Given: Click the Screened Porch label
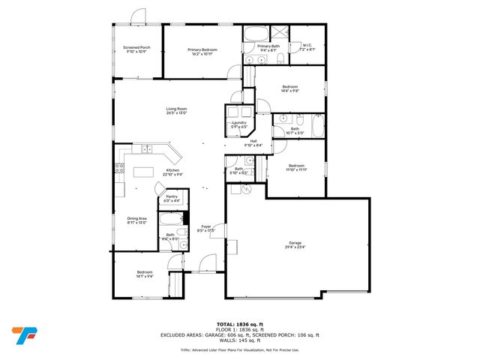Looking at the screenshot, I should [137, 48].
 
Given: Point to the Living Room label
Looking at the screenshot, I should [176, 109].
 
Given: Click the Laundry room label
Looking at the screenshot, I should [239, 123].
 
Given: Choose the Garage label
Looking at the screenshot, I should [295, 243].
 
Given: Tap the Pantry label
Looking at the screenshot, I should [172, 197].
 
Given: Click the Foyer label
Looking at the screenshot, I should [205, 226].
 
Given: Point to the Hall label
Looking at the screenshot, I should [253, 141].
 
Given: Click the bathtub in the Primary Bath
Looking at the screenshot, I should [253, 33].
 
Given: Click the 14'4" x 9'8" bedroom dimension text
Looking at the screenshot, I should [290, 91].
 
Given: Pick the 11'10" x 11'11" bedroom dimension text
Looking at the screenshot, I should [297, 169].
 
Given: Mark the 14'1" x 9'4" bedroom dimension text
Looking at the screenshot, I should [145, 277].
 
